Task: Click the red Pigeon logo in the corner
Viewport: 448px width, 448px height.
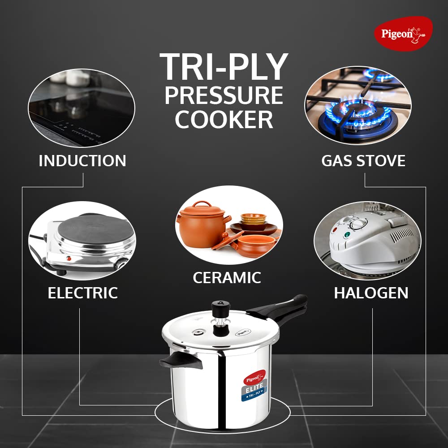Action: click(403, 34)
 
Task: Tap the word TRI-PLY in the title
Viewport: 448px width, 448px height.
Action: click(224, 67)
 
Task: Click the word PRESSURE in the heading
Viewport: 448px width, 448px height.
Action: click(224, 95)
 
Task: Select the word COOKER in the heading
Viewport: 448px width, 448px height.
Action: click(224, 120)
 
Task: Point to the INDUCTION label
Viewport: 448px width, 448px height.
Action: click(82, 161)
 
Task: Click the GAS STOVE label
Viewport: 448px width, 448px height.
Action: click(363, 161)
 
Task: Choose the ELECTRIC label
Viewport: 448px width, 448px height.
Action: click(82, 293)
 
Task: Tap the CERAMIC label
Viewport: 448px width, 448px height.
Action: click(227, 278)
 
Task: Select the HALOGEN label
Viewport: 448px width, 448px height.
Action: click(371, 293)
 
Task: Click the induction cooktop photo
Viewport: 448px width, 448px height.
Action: click(82, 108)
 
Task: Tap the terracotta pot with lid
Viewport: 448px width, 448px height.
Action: click(202, 224)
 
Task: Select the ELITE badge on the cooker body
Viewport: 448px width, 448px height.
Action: click(255, 388)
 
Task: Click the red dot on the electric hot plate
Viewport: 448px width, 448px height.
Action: click(68, 259)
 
